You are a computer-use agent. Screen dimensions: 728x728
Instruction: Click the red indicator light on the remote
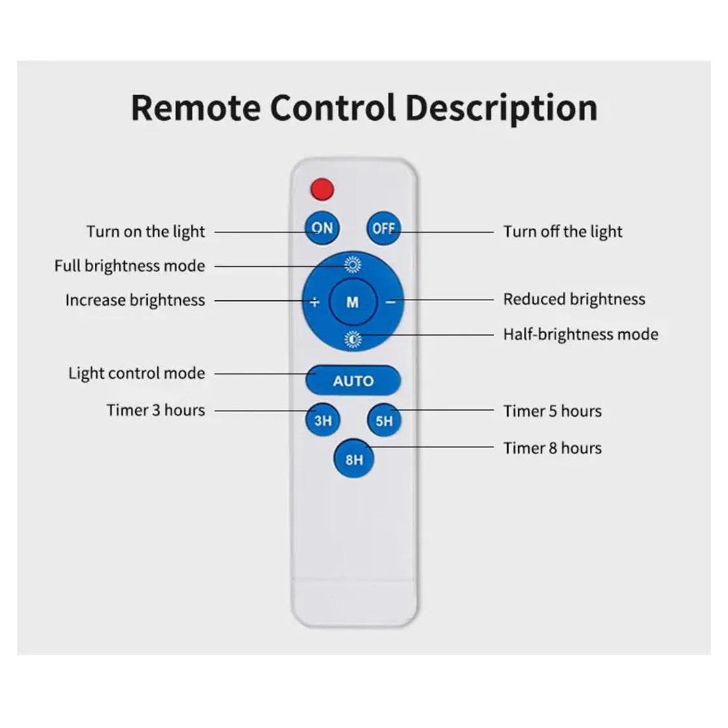coord(322,189)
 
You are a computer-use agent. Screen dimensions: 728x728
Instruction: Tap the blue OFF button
coord(383,228)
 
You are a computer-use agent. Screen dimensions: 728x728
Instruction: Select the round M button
coord(353,302)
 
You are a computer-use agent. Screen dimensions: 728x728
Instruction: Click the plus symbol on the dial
coord(315,302)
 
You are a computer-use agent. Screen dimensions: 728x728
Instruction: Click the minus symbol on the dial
coord(390,302)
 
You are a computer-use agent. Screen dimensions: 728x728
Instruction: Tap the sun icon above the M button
coord(353,264)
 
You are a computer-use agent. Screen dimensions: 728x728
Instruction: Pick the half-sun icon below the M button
coord(353,339)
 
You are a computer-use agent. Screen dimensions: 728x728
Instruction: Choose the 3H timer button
coord(322,420)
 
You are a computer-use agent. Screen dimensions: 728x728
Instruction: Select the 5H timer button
coord(384,420)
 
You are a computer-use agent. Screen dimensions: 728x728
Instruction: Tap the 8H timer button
coord(353,459)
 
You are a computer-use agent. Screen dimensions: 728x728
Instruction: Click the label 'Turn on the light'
coord(146,232)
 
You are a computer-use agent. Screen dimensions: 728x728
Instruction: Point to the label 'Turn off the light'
coord(563,232)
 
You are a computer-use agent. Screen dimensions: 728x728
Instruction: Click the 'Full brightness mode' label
coord(130,266)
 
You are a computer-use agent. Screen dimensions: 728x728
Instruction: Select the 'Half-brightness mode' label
coord(580,334)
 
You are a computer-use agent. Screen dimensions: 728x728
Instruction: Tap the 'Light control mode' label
coord(137,373)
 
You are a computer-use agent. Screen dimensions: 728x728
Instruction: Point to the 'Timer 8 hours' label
coord(552,448)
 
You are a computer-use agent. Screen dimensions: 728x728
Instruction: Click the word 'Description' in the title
coord(501,107)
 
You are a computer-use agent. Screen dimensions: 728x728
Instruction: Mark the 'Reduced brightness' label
coord(574,300)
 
